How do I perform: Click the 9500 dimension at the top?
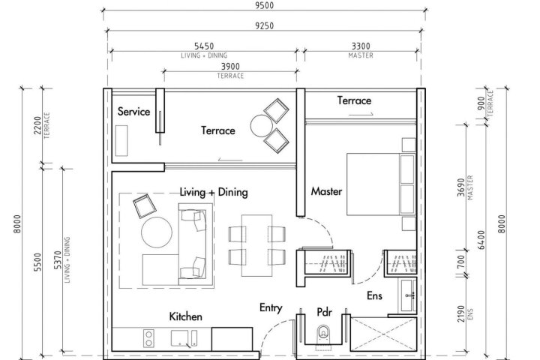pos(265,5)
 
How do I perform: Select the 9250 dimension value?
pos(265,25)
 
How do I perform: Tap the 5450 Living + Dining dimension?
pos(204,46)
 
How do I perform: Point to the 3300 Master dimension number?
pos(361,46)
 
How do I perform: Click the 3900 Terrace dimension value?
pos(230,67)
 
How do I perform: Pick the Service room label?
pos(133,111)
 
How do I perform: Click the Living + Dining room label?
pos(214,192)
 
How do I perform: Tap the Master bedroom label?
pos(326,191)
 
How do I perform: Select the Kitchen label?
pos(186,316)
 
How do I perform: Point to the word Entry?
pos(271,308)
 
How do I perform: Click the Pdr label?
pos(325,312)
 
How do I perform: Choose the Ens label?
pos(374,295)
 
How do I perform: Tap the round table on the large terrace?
pos(262,126)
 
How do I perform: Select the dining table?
pos(257,246)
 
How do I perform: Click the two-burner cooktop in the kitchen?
pos(148,338)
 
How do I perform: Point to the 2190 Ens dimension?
pos(461,313)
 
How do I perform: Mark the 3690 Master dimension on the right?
pos(461,187)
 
